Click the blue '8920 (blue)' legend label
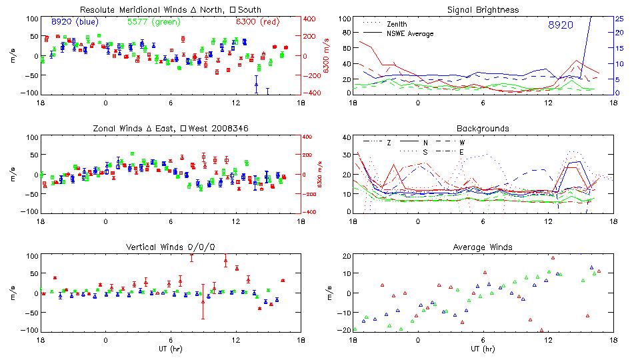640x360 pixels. [74, 22]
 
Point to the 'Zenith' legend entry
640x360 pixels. [397, 24]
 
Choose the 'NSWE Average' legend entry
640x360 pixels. [409, 33]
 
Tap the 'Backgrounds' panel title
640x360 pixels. [483, 128]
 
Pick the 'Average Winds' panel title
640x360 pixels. [483, 247]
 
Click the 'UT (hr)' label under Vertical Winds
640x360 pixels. [170, 349]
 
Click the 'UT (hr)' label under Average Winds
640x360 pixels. [483, 349]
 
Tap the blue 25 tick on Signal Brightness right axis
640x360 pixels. [619, 19]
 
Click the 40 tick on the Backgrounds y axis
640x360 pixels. [345, 137]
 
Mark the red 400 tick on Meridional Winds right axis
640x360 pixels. [312, 19]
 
